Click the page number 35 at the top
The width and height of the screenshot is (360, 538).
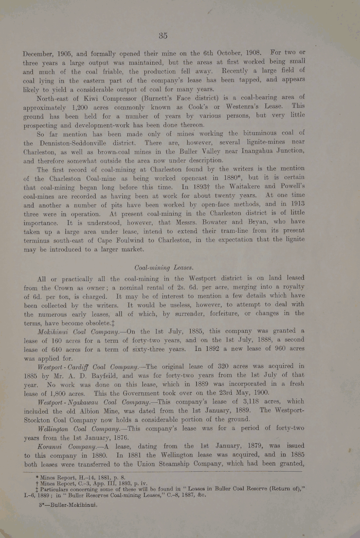164,35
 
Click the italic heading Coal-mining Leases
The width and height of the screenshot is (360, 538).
164,268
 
